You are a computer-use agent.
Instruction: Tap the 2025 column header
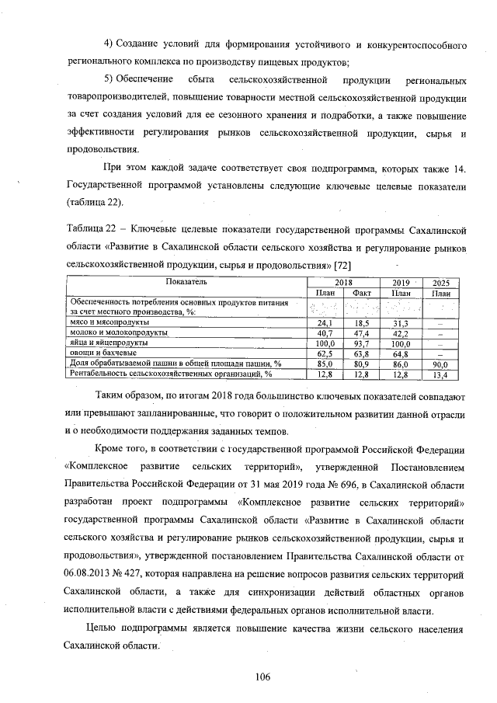pos(442,282)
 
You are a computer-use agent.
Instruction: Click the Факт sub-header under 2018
pos(361,292)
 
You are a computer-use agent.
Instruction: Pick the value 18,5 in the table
pos(361,322)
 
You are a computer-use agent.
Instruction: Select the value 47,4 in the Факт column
pos(361,332)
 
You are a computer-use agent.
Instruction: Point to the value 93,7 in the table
pos(361,343)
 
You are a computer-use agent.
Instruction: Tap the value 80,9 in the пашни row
pos(361,363)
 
